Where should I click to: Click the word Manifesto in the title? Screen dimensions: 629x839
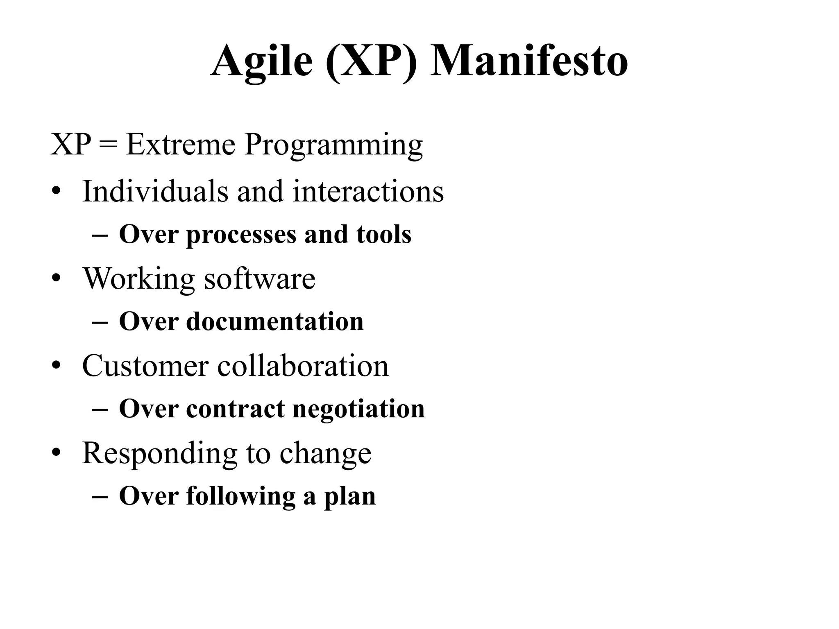(x=528, y=61)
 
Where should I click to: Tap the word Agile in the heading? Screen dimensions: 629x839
(x=262, y=61)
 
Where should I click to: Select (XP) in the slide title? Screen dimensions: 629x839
(x=372, y=61)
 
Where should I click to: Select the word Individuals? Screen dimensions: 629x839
(x=155, y=191)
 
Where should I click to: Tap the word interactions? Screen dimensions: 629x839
(x=368, y=191)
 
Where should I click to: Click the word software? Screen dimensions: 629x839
(x=260, y=278)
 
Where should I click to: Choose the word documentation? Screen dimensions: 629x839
(x=275, y=321)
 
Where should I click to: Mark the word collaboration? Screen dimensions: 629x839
(x=303, y=366)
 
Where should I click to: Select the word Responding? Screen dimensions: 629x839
(x=159, y=454)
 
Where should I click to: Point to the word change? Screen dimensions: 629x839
(x=325, y=454)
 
